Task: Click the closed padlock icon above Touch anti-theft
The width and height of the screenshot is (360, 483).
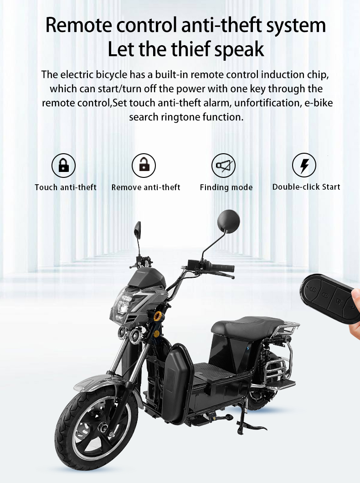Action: point(63,166)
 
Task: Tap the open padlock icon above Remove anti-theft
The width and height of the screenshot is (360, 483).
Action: point(144,166)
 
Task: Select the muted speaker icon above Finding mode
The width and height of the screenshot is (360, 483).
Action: point(223,166)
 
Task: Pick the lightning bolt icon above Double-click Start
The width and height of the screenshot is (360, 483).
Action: point(304,165)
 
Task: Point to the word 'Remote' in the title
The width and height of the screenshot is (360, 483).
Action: point(78,25)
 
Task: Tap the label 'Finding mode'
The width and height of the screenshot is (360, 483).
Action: point(226,187)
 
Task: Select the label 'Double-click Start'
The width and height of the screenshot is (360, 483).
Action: point(306,187)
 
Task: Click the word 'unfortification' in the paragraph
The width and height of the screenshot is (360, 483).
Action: point(267,103)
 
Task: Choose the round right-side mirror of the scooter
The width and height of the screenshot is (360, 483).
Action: point(228,221)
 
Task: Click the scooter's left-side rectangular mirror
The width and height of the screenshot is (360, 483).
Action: point(138,229)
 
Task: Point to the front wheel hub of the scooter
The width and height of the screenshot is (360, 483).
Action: point(103,428)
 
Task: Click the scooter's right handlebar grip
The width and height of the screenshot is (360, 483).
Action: point(222,268)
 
